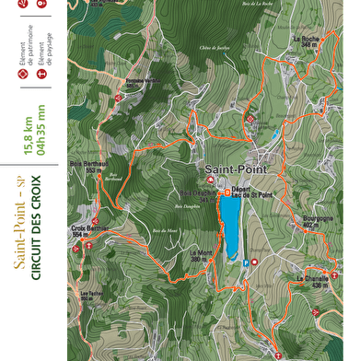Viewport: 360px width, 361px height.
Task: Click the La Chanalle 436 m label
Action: (x=312, y=281)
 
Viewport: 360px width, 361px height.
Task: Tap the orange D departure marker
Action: (x=228, y=193)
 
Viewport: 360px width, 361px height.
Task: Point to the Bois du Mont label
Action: (x=164, y=229)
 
